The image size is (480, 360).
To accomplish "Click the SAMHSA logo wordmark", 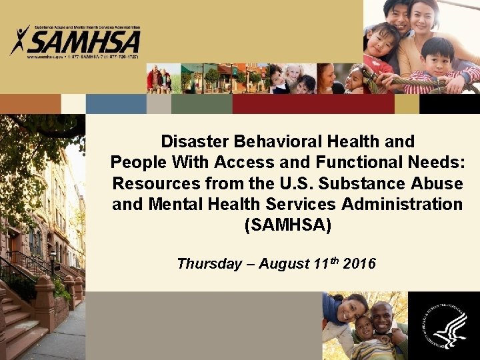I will coord(83,41).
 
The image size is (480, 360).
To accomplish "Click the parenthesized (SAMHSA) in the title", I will coord(287,225).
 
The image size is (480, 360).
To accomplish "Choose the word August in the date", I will coord(283,263).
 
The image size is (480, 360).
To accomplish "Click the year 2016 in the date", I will coord(359,263).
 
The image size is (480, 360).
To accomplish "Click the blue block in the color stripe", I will coord(116,103).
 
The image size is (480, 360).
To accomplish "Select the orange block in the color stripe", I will coord(30,103).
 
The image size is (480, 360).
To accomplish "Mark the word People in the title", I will coord(138,162).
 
